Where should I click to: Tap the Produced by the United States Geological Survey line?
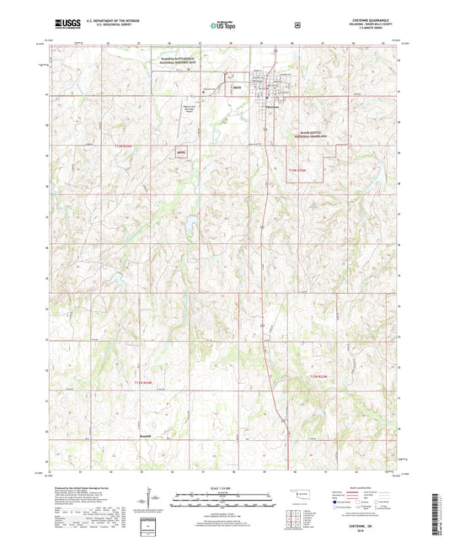point(83,488)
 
